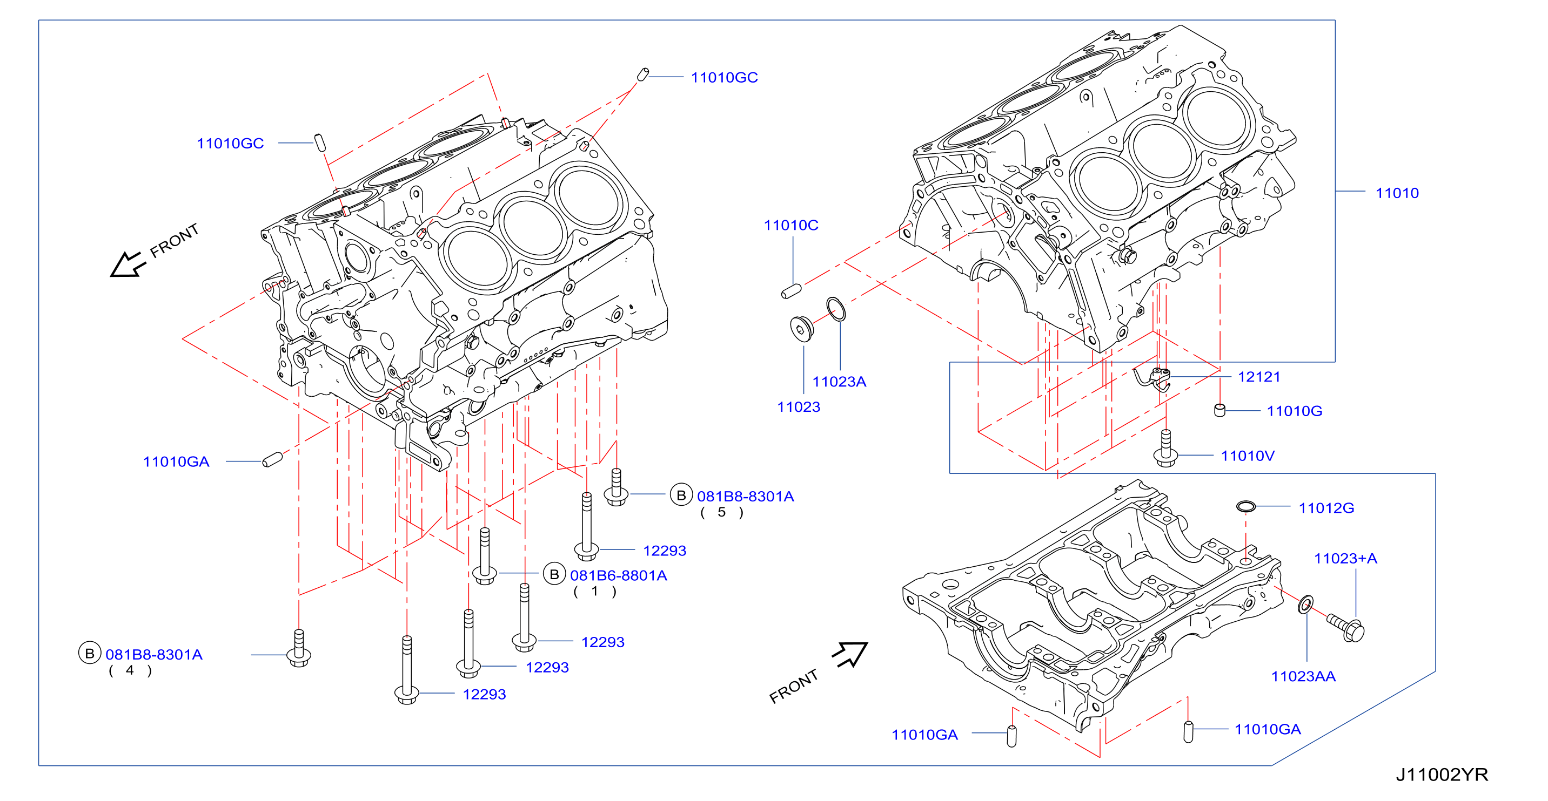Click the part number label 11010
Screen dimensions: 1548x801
1397,193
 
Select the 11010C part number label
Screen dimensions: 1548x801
791,225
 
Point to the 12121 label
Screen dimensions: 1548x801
1259,377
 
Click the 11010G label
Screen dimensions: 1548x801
1295,411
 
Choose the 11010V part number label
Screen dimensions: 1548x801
1248,456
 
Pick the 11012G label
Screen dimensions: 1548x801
1326,508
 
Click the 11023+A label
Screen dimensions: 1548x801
1345,559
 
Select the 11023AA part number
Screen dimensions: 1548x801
1303,676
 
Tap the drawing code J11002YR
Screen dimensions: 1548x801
1442,775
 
